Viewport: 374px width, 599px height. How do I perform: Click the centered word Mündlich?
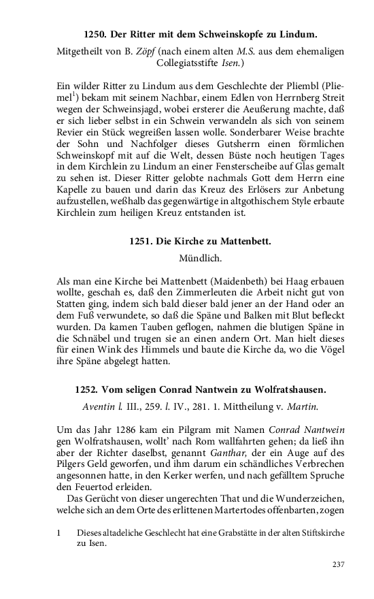[x=186, y=259]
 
